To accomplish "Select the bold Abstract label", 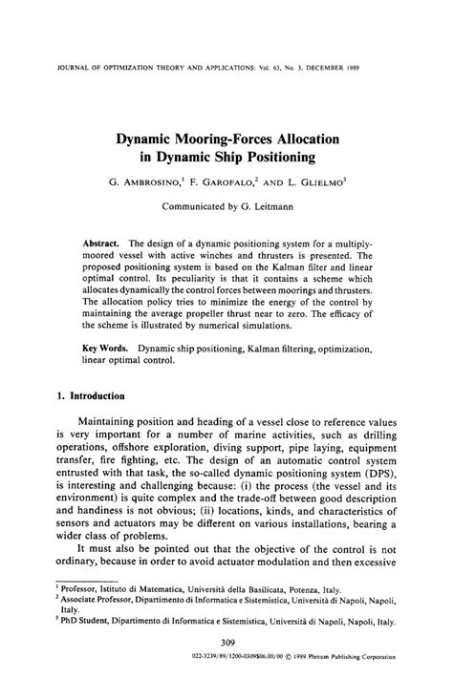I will (100, 243).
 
